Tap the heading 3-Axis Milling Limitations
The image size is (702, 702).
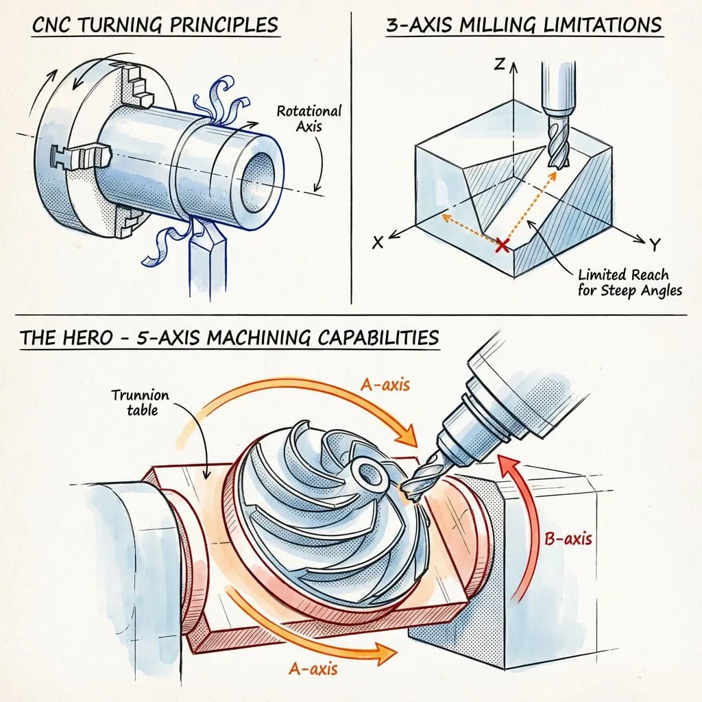tap(524, 25)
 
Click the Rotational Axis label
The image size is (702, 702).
tap(308, 119)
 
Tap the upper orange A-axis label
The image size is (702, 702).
tap(385, 385)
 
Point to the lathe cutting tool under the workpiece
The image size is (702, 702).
tap(206, 254)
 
